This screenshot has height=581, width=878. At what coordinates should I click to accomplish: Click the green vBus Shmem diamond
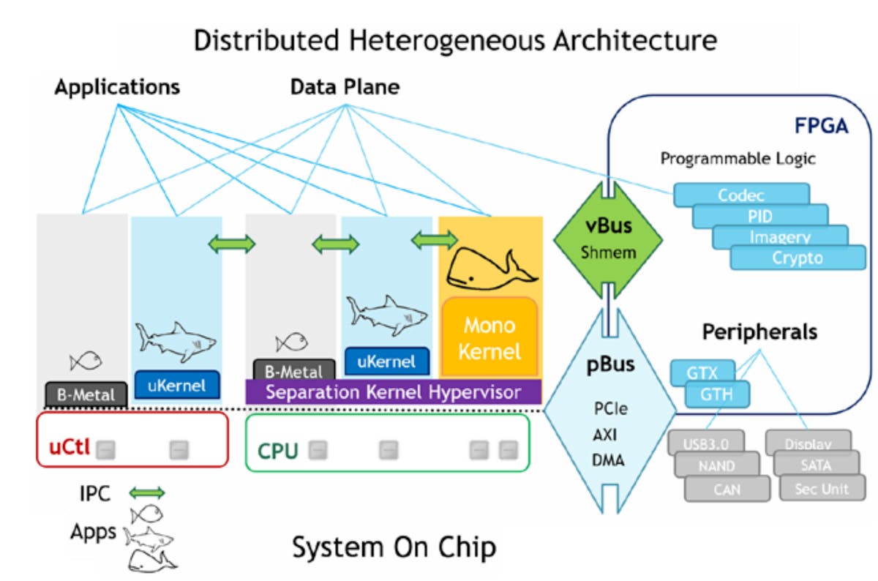[x=607, y=238]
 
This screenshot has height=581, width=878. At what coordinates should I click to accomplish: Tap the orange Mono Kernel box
[x=489, y=338]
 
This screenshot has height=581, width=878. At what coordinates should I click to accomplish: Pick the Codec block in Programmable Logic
[x=740, y=195]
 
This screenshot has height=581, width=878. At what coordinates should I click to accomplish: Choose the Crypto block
[x=797, y=258]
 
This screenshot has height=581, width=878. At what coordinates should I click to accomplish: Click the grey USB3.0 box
[x=706, y=443]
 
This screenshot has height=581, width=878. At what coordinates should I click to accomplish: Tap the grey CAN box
[x=727, y=489]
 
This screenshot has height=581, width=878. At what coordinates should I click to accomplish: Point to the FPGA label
[x=821, y=126]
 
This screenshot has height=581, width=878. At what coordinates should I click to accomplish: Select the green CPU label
[x=277, y=450]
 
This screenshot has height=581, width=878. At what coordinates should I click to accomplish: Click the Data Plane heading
[x=345, y=87]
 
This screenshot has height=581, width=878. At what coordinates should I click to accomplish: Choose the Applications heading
[x=117, y=87]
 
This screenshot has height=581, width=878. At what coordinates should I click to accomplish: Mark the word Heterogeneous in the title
[x=405, y=40]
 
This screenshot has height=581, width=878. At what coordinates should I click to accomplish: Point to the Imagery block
[x=780, y=237]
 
